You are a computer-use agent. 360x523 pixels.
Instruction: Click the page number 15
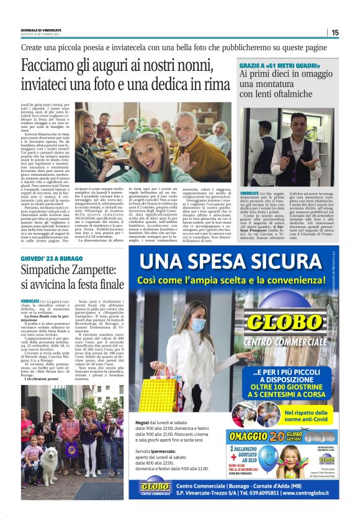(x=335, y=32)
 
